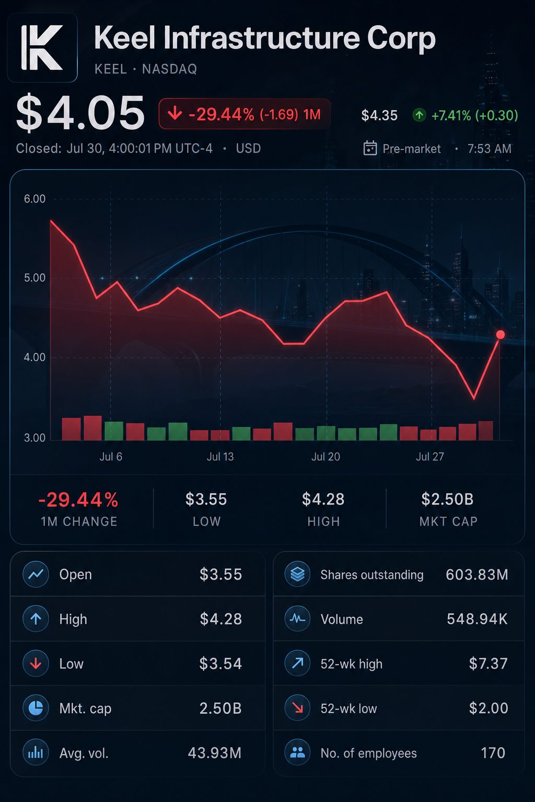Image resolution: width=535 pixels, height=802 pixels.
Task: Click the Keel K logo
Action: [x=42, y=48]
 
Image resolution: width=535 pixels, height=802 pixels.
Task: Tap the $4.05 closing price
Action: [x=80, y=113]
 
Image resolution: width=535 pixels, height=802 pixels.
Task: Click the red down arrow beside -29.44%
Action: [x=175, y=114]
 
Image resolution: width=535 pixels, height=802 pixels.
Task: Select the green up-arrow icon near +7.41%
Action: [x=419, y=115]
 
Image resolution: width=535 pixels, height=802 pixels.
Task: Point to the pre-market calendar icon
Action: [x=370, y=148]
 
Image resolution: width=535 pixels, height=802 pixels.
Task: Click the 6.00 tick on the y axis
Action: [x=35, y=199]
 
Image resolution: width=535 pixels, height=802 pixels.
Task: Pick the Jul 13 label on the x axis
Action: [x=220, y=456]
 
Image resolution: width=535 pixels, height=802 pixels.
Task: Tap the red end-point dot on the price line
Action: [x=500, y=334]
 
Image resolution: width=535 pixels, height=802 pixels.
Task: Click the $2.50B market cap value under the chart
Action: [x=447, y=499]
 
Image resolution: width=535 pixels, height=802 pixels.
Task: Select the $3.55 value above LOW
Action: [x=206, y=499]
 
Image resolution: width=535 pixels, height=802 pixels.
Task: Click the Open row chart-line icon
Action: [x=36, y=574]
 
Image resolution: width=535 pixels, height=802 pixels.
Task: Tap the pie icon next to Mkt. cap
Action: [x=36, y=708]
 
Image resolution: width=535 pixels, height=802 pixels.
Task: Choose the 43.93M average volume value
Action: [x=215, y=753]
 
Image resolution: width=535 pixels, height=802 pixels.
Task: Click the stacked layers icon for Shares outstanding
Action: [x=297, y=574]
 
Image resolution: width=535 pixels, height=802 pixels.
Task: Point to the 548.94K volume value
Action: [x=477, y=619]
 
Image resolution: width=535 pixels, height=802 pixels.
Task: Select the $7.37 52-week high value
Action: [x=489, y=664]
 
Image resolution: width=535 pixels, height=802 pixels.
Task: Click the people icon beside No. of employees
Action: [x=297, y=752]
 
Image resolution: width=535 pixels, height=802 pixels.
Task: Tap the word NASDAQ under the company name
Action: [x=169, y=69]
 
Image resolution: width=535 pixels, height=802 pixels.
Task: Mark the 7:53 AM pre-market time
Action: [x=490, y=149]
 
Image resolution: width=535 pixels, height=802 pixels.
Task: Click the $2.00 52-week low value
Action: [x=489, y=708]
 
